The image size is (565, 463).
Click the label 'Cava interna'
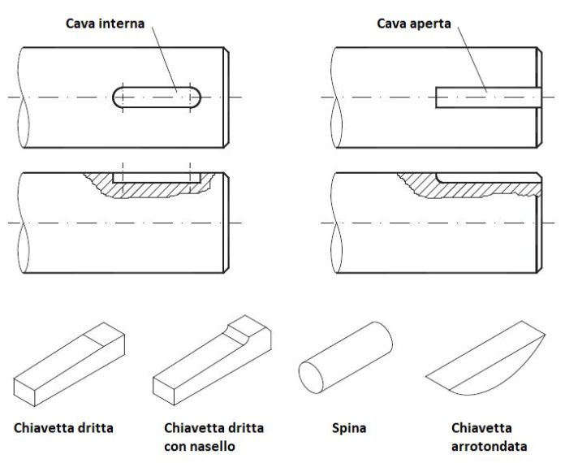[106, 24]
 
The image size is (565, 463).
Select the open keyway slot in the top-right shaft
[487, 97]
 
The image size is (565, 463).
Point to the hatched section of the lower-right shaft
[479, 188]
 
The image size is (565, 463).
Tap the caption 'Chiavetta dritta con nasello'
[213, 436]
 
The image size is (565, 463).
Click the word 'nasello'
[214, 446]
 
